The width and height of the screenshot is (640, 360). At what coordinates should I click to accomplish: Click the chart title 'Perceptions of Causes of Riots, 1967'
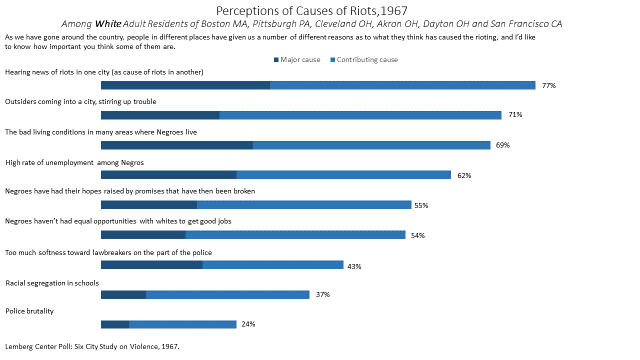319,10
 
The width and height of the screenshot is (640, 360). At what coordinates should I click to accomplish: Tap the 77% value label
548,86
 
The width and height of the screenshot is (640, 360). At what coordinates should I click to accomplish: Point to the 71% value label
515,115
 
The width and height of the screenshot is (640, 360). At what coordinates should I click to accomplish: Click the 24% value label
248,324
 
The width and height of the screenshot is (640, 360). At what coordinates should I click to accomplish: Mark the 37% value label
322,295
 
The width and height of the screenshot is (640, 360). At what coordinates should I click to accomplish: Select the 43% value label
353,266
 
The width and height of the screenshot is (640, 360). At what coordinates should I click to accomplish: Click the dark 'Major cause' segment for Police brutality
115,324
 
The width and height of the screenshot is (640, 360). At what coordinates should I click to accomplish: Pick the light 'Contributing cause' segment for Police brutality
182,324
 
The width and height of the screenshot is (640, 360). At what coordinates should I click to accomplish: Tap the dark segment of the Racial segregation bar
124,295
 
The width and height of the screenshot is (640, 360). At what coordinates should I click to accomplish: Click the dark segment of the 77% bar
186,86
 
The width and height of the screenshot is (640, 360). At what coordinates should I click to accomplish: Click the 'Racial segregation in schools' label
55,282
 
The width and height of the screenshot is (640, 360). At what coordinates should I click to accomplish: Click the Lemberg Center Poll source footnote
92,346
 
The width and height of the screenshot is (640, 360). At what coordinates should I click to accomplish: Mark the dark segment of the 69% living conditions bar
177,145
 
